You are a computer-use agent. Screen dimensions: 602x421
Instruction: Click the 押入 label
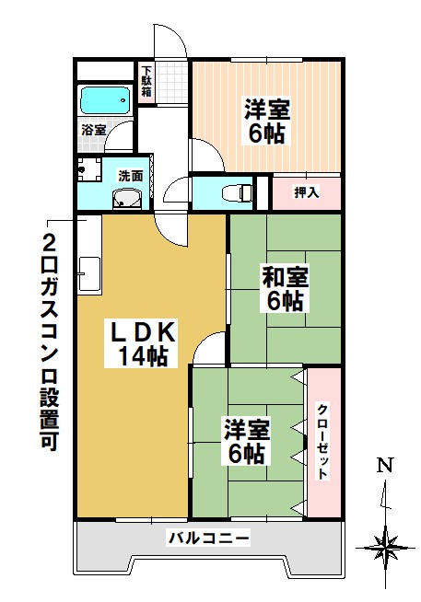pyautogui.click(x=306, y=192)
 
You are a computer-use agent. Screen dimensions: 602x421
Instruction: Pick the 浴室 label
pyautogui.click(x=92, y=130)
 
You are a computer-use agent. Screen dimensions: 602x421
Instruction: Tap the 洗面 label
pyautogui.click(x=129, y=175)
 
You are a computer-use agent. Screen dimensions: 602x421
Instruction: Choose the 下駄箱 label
pyautogui.click(x=146, y=82)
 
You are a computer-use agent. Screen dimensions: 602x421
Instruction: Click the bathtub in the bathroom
pyautogui.click(x=105, y=98)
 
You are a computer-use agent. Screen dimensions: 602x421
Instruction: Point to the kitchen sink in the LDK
pyautogui.click(x=89, y=273)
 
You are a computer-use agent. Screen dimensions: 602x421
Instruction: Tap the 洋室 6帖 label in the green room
pyautogui.click(x=246, y=441)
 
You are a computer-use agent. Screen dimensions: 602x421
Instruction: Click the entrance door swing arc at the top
pyautogui.click(x=171, y=41)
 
